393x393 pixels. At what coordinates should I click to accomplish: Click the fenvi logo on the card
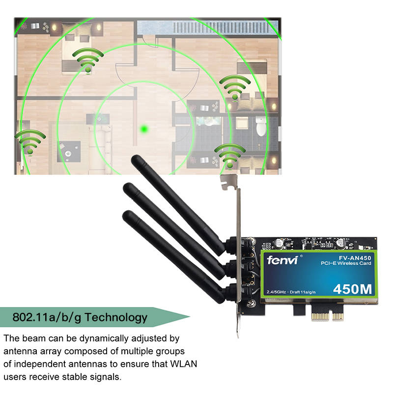point(282,260)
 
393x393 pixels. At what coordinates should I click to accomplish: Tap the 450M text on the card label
point(352,289)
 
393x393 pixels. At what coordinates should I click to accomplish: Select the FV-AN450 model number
point(355,258)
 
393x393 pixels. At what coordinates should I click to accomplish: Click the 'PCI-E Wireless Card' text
point(346,263)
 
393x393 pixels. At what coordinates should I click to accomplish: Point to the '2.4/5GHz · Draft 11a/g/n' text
point(291,292)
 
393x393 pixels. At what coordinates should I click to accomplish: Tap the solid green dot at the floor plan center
point(144,129)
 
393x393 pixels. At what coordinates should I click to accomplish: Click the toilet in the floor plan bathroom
point(261,126)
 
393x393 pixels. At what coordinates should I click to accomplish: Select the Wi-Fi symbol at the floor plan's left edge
point(30,142)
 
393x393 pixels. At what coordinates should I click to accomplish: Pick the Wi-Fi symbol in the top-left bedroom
point(88,60)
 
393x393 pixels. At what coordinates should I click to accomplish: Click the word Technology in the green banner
point(116,318)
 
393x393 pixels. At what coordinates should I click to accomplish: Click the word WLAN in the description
point(183,364)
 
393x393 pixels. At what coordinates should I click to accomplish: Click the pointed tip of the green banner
point(190,317)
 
